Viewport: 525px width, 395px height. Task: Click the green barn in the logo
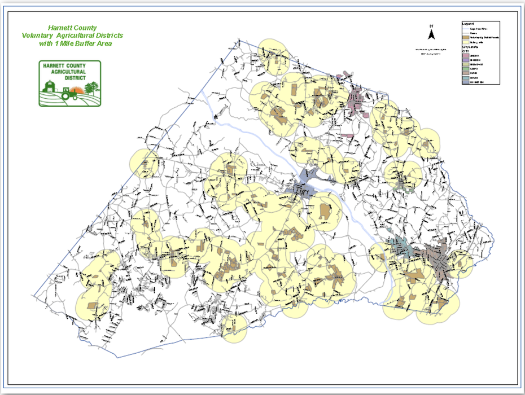click(x=49, y=87)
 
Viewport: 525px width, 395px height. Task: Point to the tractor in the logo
click(x=69, y=95)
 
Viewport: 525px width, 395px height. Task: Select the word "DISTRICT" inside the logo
click(x=69, y=78)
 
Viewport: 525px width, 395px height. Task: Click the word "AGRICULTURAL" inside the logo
click(x=69, y=72)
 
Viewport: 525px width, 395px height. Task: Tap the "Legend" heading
click(x=468, y=24)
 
